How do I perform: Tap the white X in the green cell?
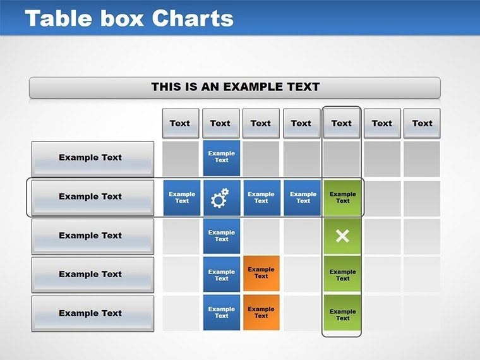click(x=342, y=236)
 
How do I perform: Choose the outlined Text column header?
click(x=342, y=123)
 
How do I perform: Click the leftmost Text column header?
click(x=180, y=123)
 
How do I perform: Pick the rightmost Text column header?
click(x=423, y=123)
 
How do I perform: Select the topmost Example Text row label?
click(x=92, y=158)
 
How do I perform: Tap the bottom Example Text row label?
click(x=92, y=313)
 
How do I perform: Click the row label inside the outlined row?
click(x=92, y=197)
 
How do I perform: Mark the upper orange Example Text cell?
click(x=261, y=273)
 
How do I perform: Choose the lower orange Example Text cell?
click(x=261, y=313)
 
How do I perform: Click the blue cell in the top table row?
click(x=221, y=158)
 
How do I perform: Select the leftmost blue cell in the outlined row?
click(x=182, y=198)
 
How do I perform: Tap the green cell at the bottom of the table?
click(x=342, y=314)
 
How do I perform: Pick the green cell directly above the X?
click(x=342, y=198)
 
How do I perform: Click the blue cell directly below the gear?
click(x=221, y=236)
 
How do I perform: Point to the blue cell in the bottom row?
click(x=221, y=313)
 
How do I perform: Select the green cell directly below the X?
click(x=342, y=275)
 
